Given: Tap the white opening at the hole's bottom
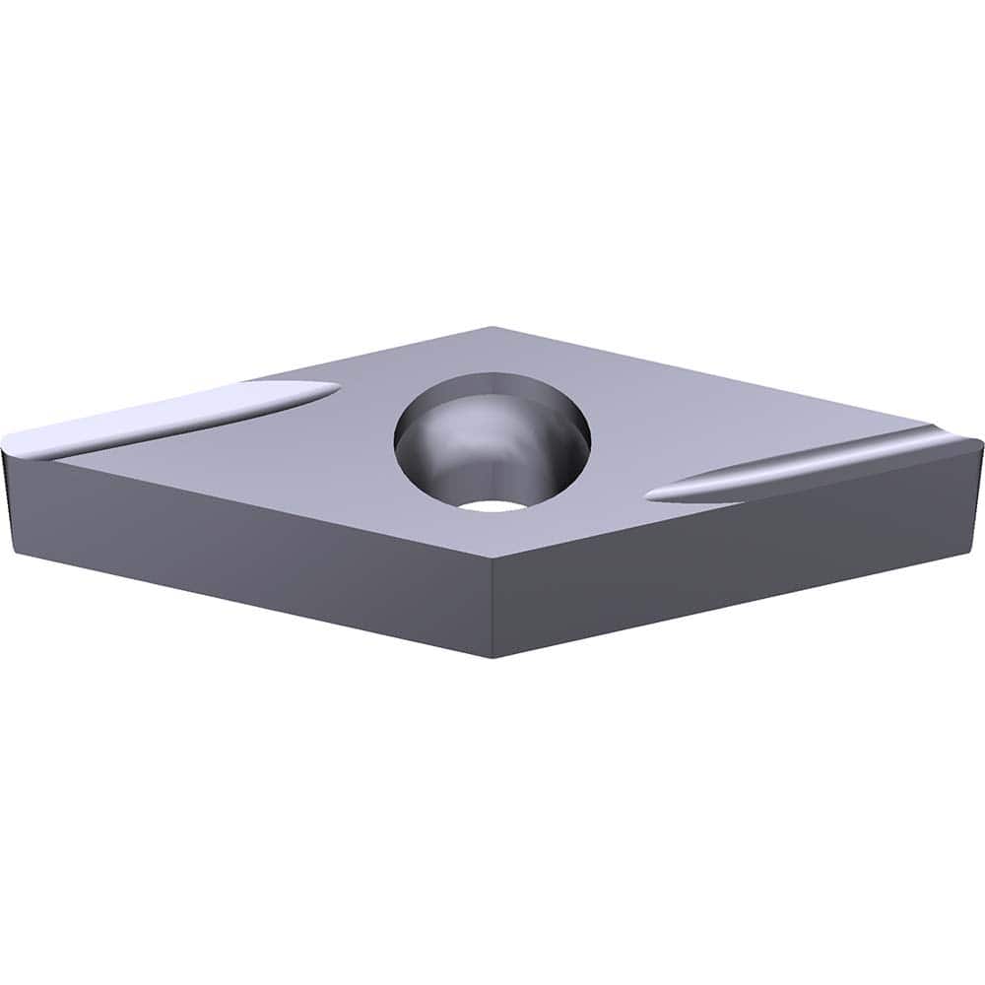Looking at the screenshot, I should coord(493,504).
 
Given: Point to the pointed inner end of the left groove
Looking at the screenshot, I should coord(335,391).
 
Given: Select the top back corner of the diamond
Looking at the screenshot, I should coord(492,328).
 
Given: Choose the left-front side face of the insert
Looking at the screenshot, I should coord(246,552).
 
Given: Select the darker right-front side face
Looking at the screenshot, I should coord(739,552).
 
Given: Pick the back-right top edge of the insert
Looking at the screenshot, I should coord(739,385).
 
